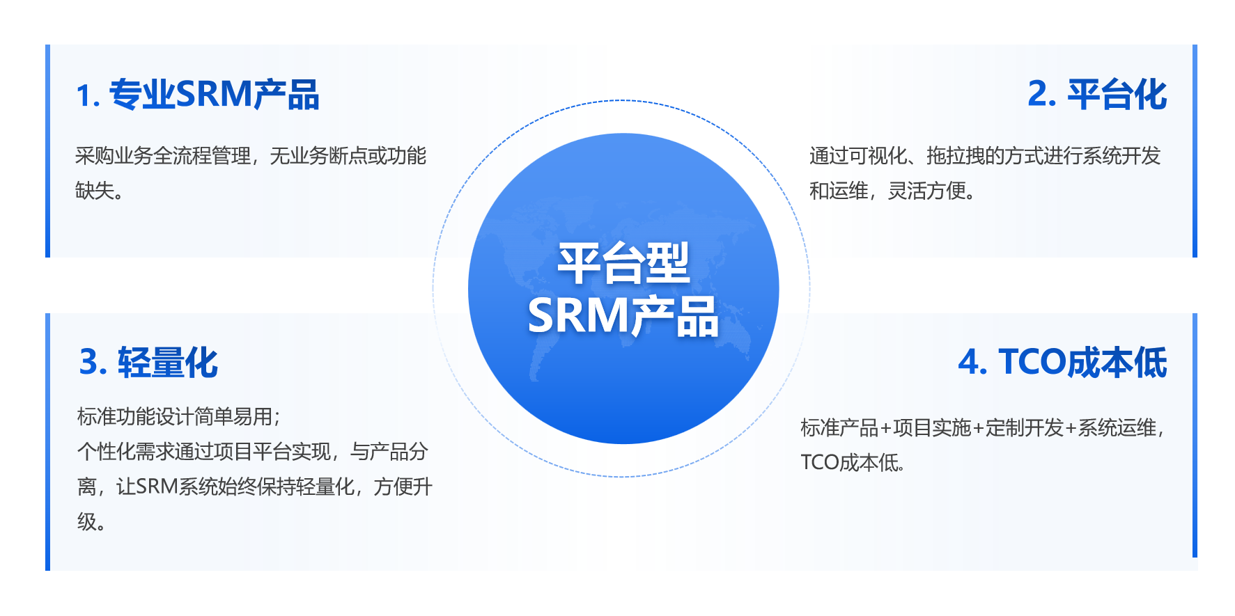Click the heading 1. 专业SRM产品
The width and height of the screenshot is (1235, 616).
pyautogui.click(x=198, y=95)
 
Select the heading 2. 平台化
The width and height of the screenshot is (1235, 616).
pyautogui.click(x=1097, y=95)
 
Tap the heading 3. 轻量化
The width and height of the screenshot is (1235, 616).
pyautogui.click(x=148, y=363)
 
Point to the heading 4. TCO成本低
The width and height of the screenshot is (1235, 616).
pyautogui.click(x=1062, y=363)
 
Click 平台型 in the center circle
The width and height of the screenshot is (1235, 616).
pyautogui.click(x=623, y=264)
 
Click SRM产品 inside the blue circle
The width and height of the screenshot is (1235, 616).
pyautogui.click(x=623, y=317)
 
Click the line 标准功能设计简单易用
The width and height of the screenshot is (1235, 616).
pyautogui.click(x=174, y=416)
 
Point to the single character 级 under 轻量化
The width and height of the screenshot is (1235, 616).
pyautogui.click(x=86, y=521)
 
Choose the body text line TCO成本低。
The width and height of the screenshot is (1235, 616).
pyautogui.click(x=853, y=462)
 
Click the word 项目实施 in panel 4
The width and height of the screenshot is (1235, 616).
pyautogui.click(x=932, y=427)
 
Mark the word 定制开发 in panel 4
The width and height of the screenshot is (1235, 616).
pyautogui.click(x=1025, y=427)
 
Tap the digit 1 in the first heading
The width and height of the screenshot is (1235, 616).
pyautogui.click(x=83, y=96)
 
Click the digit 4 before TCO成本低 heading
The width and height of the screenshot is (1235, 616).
pyautogui.click(x=968, y=363)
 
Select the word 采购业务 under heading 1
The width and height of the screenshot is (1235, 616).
pyautogui.click(x=114, y=155)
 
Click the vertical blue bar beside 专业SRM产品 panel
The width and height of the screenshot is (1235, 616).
pyautogui.click(x=48, y=151)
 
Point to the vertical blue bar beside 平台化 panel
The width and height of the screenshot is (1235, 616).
pyautogui.click(x=1195, y=151)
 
